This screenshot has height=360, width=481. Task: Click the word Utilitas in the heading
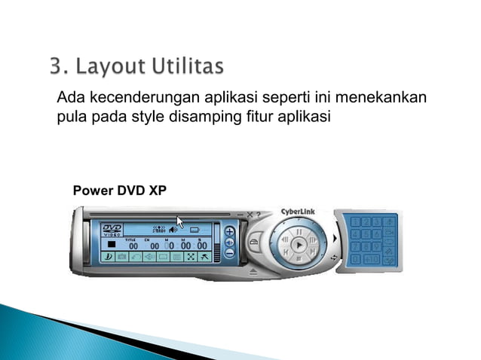tap(189, 69)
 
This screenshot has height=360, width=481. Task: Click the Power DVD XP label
tap(119, 190)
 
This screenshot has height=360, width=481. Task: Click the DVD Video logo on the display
tap(112, 230)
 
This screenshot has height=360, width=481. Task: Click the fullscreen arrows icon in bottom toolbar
tap(190, 257)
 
